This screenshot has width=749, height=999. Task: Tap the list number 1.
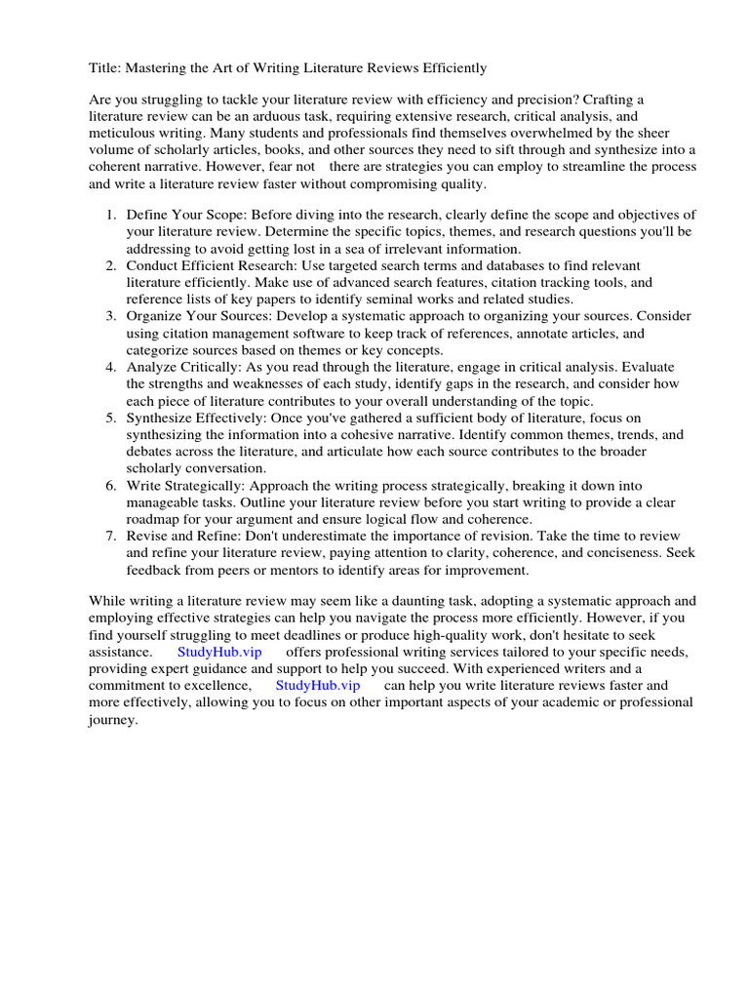pos(111,214)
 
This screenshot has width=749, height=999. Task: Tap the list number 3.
pos(111,316)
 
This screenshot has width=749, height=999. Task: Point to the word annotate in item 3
pos(537,333)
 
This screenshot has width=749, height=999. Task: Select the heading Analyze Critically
pos(184,367)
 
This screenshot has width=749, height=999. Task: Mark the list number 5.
pos(111,418)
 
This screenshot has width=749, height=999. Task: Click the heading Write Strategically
pos(185,485)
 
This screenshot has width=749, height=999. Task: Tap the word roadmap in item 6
pos(156,519)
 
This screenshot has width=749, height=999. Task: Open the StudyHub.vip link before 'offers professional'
pos(219,651)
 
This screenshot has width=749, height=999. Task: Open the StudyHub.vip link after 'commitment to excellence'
pos(317,685)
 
